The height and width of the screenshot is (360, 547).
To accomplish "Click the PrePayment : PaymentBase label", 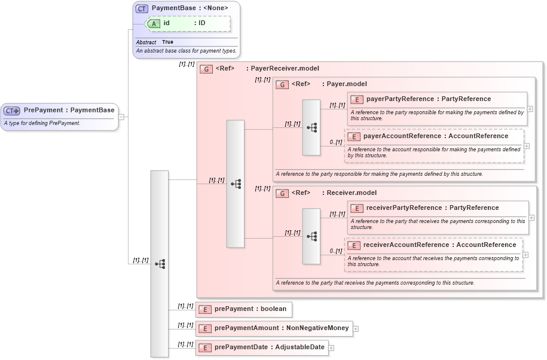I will click(69, 110).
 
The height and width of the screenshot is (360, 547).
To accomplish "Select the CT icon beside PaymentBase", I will click(142, 8).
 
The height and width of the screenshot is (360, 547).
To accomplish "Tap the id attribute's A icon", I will click(154, 23).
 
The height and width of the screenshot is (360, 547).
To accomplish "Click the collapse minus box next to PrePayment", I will click(121, 117).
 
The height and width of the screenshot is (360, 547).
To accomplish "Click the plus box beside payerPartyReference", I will click(530, 109).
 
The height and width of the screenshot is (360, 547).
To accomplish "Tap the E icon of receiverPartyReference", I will click(357, 208).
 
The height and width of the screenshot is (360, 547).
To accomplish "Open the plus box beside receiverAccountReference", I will click(525, 254).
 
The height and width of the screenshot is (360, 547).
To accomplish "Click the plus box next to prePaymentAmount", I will click(355, 328).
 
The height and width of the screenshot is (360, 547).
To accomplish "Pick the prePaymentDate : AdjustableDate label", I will click(269, 347).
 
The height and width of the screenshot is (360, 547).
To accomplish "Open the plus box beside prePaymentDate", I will click(331, 347).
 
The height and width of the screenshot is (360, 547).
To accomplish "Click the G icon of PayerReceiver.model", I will click(206, 69).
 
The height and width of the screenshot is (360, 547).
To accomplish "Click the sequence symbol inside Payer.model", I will click(311, 127).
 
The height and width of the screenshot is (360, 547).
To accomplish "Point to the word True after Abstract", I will click(167, 42).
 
